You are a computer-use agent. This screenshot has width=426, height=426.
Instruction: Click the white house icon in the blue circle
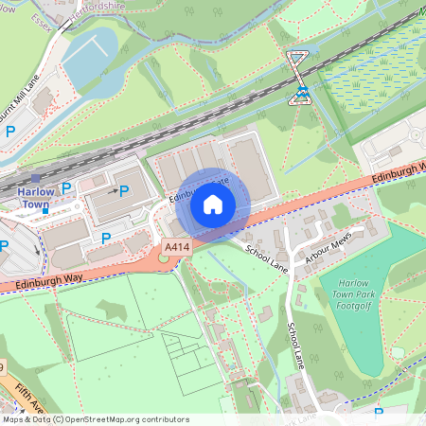213,204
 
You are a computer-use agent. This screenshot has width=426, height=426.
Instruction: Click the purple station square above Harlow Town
36,177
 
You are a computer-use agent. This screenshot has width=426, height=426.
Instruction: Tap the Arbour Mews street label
328,247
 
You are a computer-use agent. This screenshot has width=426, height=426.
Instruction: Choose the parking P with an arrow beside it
123,190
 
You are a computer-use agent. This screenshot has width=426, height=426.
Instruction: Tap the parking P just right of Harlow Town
66,189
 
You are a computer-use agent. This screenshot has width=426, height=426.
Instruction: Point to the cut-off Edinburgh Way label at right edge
402,169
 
